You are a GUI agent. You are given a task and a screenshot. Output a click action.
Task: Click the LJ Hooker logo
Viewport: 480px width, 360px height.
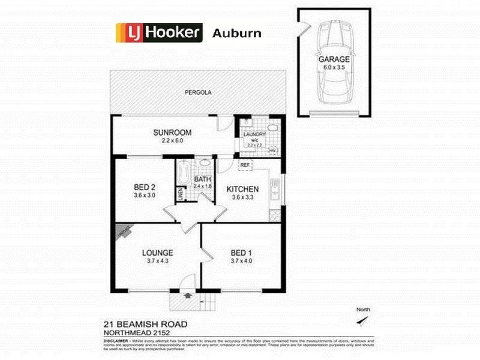pyautogui.click(x=158, y=32)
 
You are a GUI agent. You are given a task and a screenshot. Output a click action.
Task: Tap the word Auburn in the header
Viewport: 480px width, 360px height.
pyautogui.click(x=237, y=33)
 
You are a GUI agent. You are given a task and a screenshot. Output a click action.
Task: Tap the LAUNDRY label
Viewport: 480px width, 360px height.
pyautogui.click(x=254, y=135)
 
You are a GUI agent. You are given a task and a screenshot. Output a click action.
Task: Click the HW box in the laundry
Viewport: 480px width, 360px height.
pyautogui.click(x=272, y=150)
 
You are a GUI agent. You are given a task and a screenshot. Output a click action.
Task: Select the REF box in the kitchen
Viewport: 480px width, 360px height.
pyautogui.click(x=245, y=164)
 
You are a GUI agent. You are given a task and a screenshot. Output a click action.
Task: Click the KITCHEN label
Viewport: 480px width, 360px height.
pyautogui.click(x=242, y=189)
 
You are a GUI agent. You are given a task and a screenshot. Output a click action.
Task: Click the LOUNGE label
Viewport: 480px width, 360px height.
pyautogui.click(x=158, y=253)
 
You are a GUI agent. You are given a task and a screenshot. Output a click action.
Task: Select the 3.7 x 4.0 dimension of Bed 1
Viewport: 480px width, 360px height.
pyautogui.click(x=242, y=260)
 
